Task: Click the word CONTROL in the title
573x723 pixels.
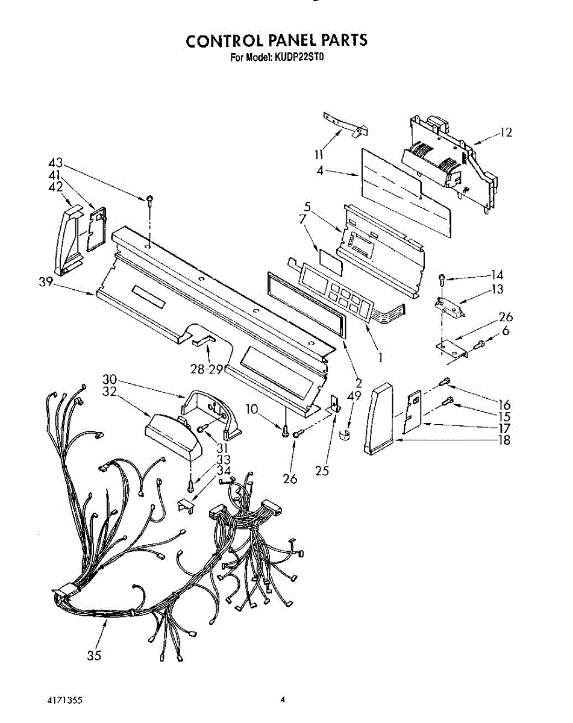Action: click(222, 40)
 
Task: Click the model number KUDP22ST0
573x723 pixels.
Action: click(299, 58)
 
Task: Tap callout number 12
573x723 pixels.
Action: click(506, 133)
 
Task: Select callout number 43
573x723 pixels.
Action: click(55, 163)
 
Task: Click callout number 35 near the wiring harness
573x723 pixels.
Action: click(94, 656)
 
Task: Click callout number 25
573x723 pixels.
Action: click(322, 471)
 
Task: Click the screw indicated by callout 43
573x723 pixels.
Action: click(148, 198)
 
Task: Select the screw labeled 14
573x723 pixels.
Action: click(443, 278)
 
